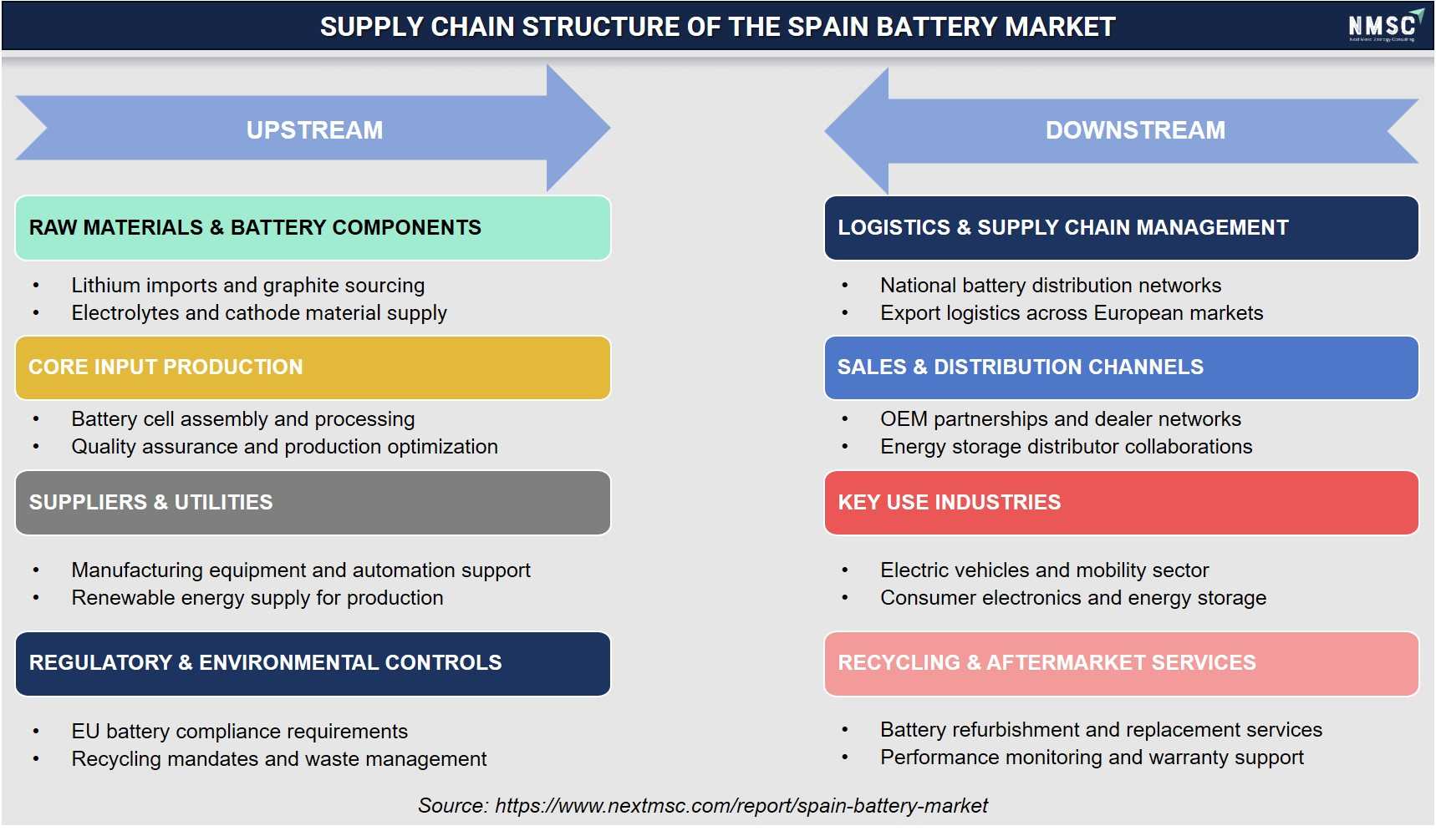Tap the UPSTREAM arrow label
coord(314,130)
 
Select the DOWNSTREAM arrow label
coord(1135,130)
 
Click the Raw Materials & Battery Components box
coord(313,228)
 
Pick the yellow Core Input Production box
coord(313,367)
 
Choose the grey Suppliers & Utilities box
coord(313,503)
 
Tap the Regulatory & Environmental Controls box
coord(313,663)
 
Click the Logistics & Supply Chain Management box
coord(1121,228)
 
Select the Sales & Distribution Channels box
coord(1121,367)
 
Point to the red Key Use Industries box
coord(1121,503)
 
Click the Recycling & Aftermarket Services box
coord(1121,663)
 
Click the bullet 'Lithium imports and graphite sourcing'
coord(248,286)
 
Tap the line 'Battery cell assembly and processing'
coord(243,419)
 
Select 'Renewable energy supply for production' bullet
coord(257,598)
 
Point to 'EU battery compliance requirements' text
coord(240,732)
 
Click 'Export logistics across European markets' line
coord(1072,313)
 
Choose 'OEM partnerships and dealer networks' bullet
coord(1061,419)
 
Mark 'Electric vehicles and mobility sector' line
coord(1045,570)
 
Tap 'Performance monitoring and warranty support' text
coord(1092,758)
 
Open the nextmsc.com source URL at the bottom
coord(741,806)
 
